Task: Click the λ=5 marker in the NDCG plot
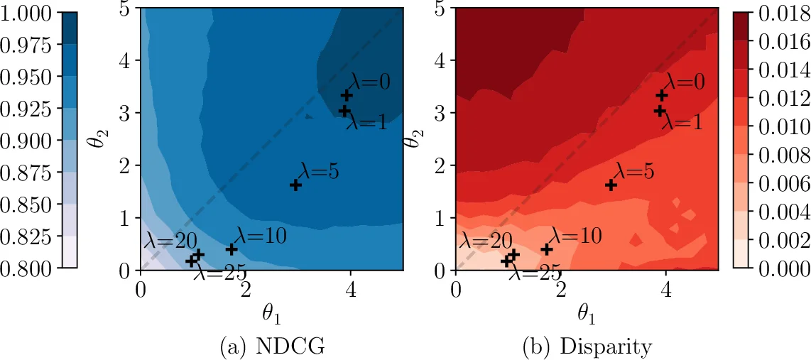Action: [295, 185]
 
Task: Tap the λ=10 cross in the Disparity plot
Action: [547, 249]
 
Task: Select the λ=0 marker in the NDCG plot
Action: [347, 95]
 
